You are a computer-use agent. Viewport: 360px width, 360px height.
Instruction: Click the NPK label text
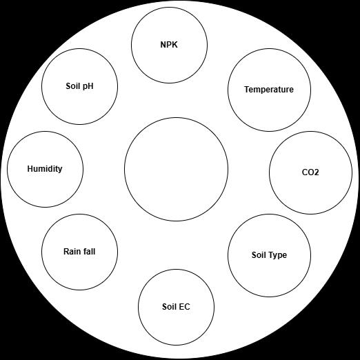click(169, 45)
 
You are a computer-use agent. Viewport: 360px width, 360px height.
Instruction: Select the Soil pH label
click(79, 86)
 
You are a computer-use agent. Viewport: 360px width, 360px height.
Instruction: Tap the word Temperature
click(269, 90)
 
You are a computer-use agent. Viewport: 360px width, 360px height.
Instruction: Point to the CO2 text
click(310, 172)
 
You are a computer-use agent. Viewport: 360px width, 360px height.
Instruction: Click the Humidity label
click(45, 169)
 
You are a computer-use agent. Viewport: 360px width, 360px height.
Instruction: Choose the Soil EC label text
click(176, 307)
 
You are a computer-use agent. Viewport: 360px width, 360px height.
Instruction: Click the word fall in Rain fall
click(88, 252)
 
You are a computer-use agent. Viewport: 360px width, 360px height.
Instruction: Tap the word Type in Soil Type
click(278, 255)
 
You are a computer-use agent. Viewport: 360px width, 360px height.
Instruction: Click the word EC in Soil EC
click(184, 307)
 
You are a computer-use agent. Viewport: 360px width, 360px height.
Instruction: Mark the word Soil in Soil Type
click(259, 255)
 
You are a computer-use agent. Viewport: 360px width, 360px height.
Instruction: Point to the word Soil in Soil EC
click(169, 307)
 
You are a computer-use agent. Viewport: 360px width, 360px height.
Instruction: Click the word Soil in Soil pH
click(72, 86)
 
